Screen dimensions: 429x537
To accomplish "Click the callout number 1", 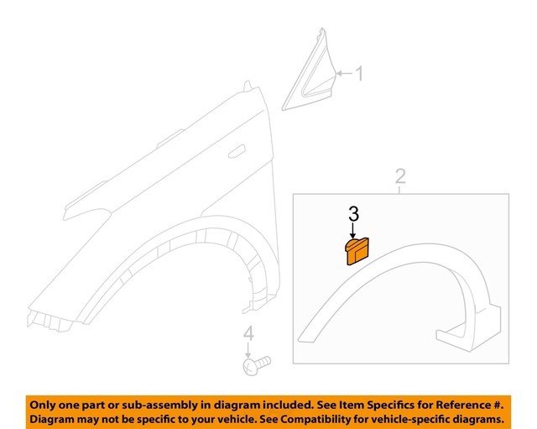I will [358, 75].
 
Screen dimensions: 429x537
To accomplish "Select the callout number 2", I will [400, 175].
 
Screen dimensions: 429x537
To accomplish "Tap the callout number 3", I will [353, 213].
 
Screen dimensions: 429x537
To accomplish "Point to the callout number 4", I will [248, 335].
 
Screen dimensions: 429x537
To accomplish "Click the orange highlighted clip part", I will [357, 251].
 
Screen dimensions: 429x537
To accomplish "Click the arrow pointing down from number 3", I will [353, 231].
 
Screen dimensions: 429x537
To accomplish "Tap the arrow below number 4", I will [248, 351].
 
